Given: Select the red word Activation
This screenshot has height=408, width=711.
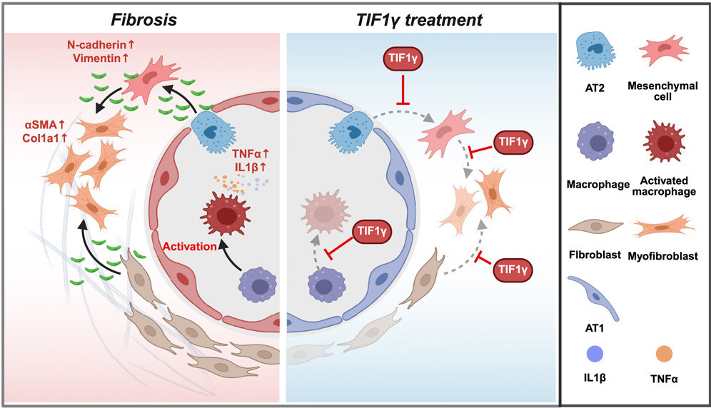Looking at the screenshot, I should (191, 246).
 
